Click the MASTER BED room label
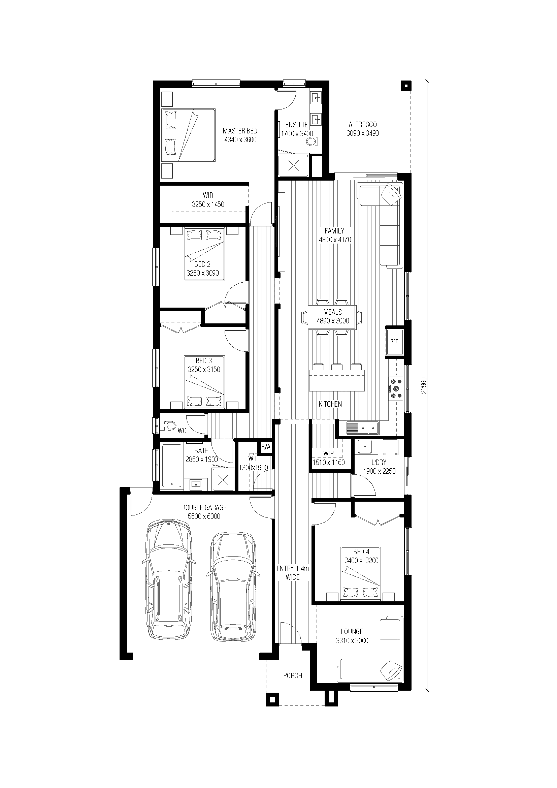pyautogui.click(x=240, y=131)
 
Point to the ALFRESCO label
pyautogui.click(x=363, y=125)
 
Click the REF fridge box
pyautogui.click(x=394, y=342)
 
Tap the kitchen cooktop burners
pyautogui.click(x=396, y=388)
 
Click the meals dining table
pyautogui.click(x=332, y=317)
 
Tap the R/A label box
pyautogui.click(x=266, y=447)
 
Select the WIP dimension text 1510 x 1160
pyautogui.click(x=329, y=462)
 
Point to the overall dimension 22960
pyautogui.click(x=424, y=386)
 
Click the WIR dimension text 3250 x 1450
pyautogui.click(x=208, y=204)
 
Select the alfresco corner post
pyautogui.click(x=406, y=86)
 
